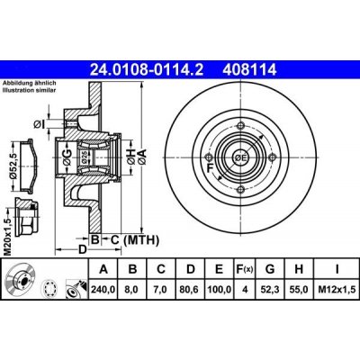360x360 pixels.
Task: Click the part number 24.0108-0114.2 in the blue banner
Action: (x=147, y=70)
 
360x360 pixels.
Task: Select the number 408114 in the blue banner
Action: (x=249, y=70)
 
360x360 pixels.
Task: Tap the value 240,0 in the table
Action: (x=103, y=290)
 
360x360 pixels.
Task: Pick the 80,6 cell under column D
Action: (x=191, y=290)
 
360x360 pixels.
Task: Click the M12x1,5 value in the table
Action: (x=337, y=290)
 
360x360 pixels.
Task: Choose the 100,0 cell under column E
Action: (x=219, y=290)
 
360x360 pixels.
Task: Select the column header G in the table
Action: (x=270, y=269)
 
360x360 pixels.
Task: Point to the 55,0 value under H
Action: (x=299, y=290)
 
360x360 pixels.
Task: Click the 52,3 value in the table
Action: (x=270, y=290)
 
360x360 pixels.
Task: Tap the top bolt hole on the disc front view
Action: (x=241, y=125)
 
